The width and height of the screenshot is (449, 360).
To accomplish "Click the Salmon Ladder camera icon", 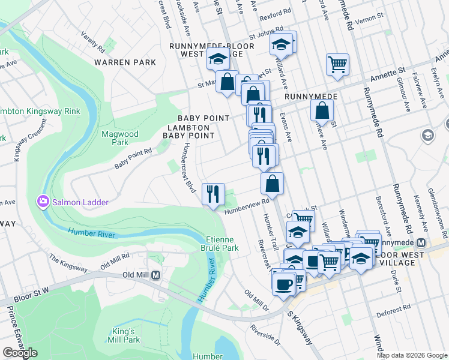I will [x=43, y=201].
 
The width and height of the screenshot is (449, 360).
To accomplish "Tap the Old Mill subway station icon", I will [x=155, y=275].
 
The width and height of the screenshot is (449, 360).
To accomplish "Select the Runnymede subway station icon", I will [x=421, y=243].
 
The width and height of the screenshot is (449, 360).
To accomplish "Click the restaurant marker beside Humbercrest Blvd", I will [x=213, y=194].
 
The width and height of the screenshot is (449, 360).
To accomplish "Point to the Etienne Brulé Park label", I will [x=219, y=243].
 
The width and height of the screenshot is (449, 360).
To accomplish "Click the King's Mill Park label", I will [x=127, y=335].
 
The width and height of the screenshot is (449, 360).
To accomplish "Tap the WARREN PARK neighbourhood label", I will [x=125, y=62].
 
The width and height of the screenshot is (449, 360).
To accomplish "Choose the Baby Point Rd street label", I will [x=133, y=160].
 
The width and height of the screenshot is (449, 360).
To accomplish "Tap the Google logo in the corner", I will [x=19, y=353].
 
